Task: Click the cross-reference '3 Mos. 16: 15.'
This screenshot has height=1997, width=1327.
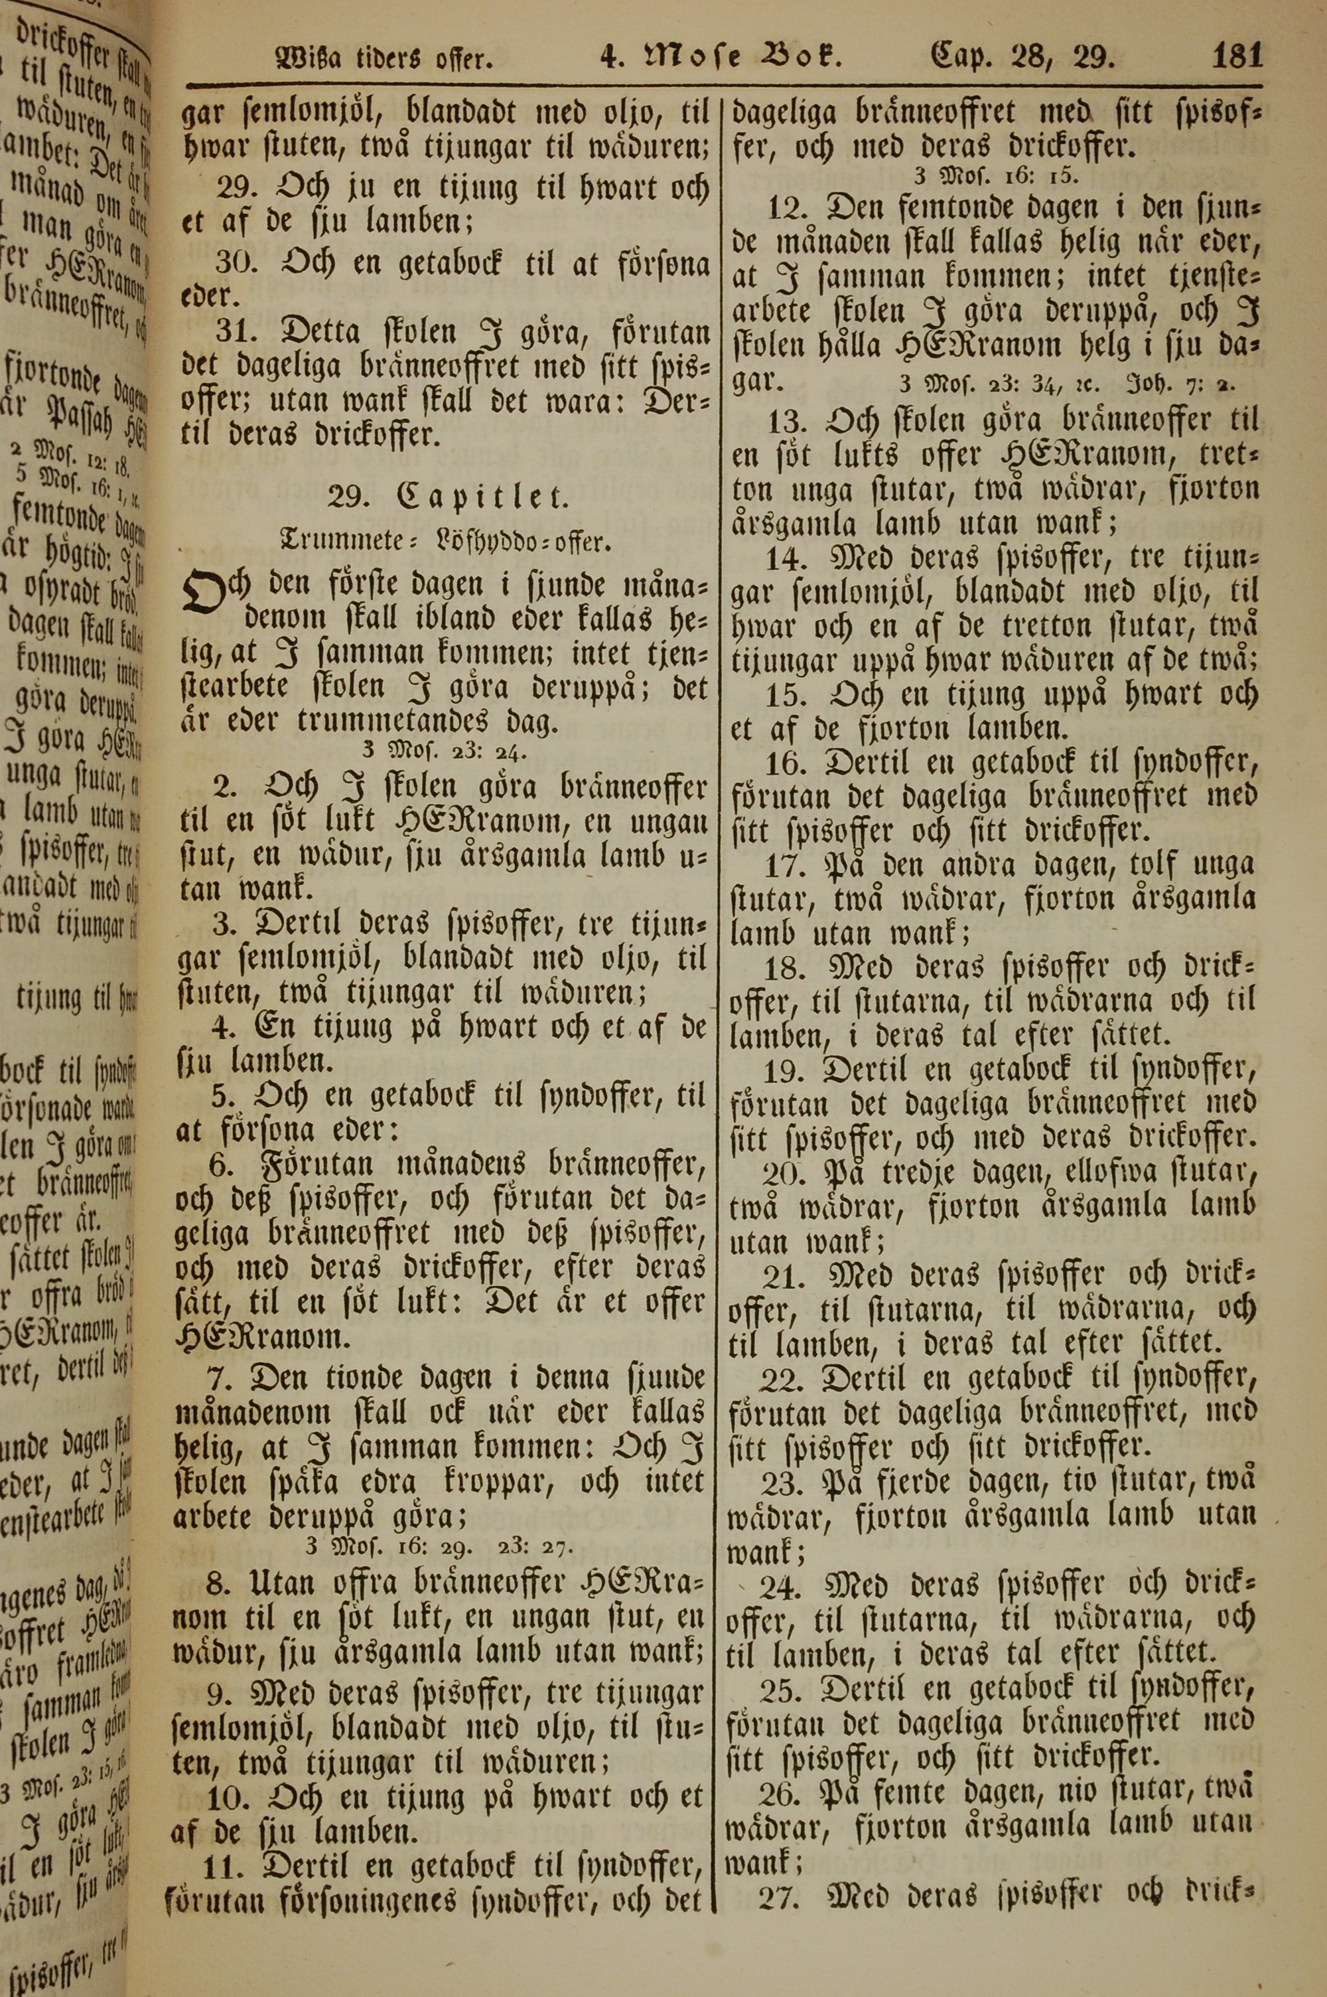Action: point(995,177)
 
